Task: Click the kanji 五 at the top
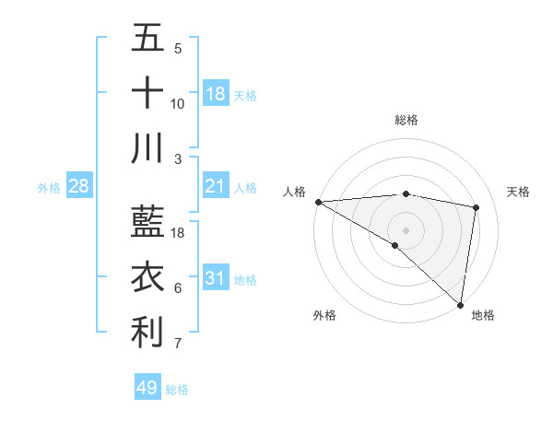[x=147, y=39]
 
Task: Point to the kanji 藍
[x=147, y=222]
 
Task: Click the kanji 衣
[x=147, y=277]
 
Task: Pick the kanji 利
[x=147, y=333]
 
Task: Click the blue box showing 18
[x=216, y=94]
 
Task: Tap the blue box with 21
[x=216, y=187]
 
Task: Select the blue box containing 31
[x=216, y=279]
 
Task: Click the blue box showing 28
[x=79, y=187]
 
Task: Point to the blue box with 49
[x=147, y=388]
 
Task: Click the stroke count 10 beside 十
[x=178, y=104]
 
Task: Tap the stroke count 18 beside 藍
[x=178, y=233]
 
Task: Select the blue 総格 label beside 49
[x=178, y=390]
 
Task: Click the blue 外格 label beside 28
[x=49, y=188]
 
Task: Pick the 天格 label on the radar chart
[x=519, y=192]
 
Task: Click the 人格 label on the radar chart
[x=294, y=192]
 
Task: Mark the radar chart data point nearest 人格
[x=318, y=202]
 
